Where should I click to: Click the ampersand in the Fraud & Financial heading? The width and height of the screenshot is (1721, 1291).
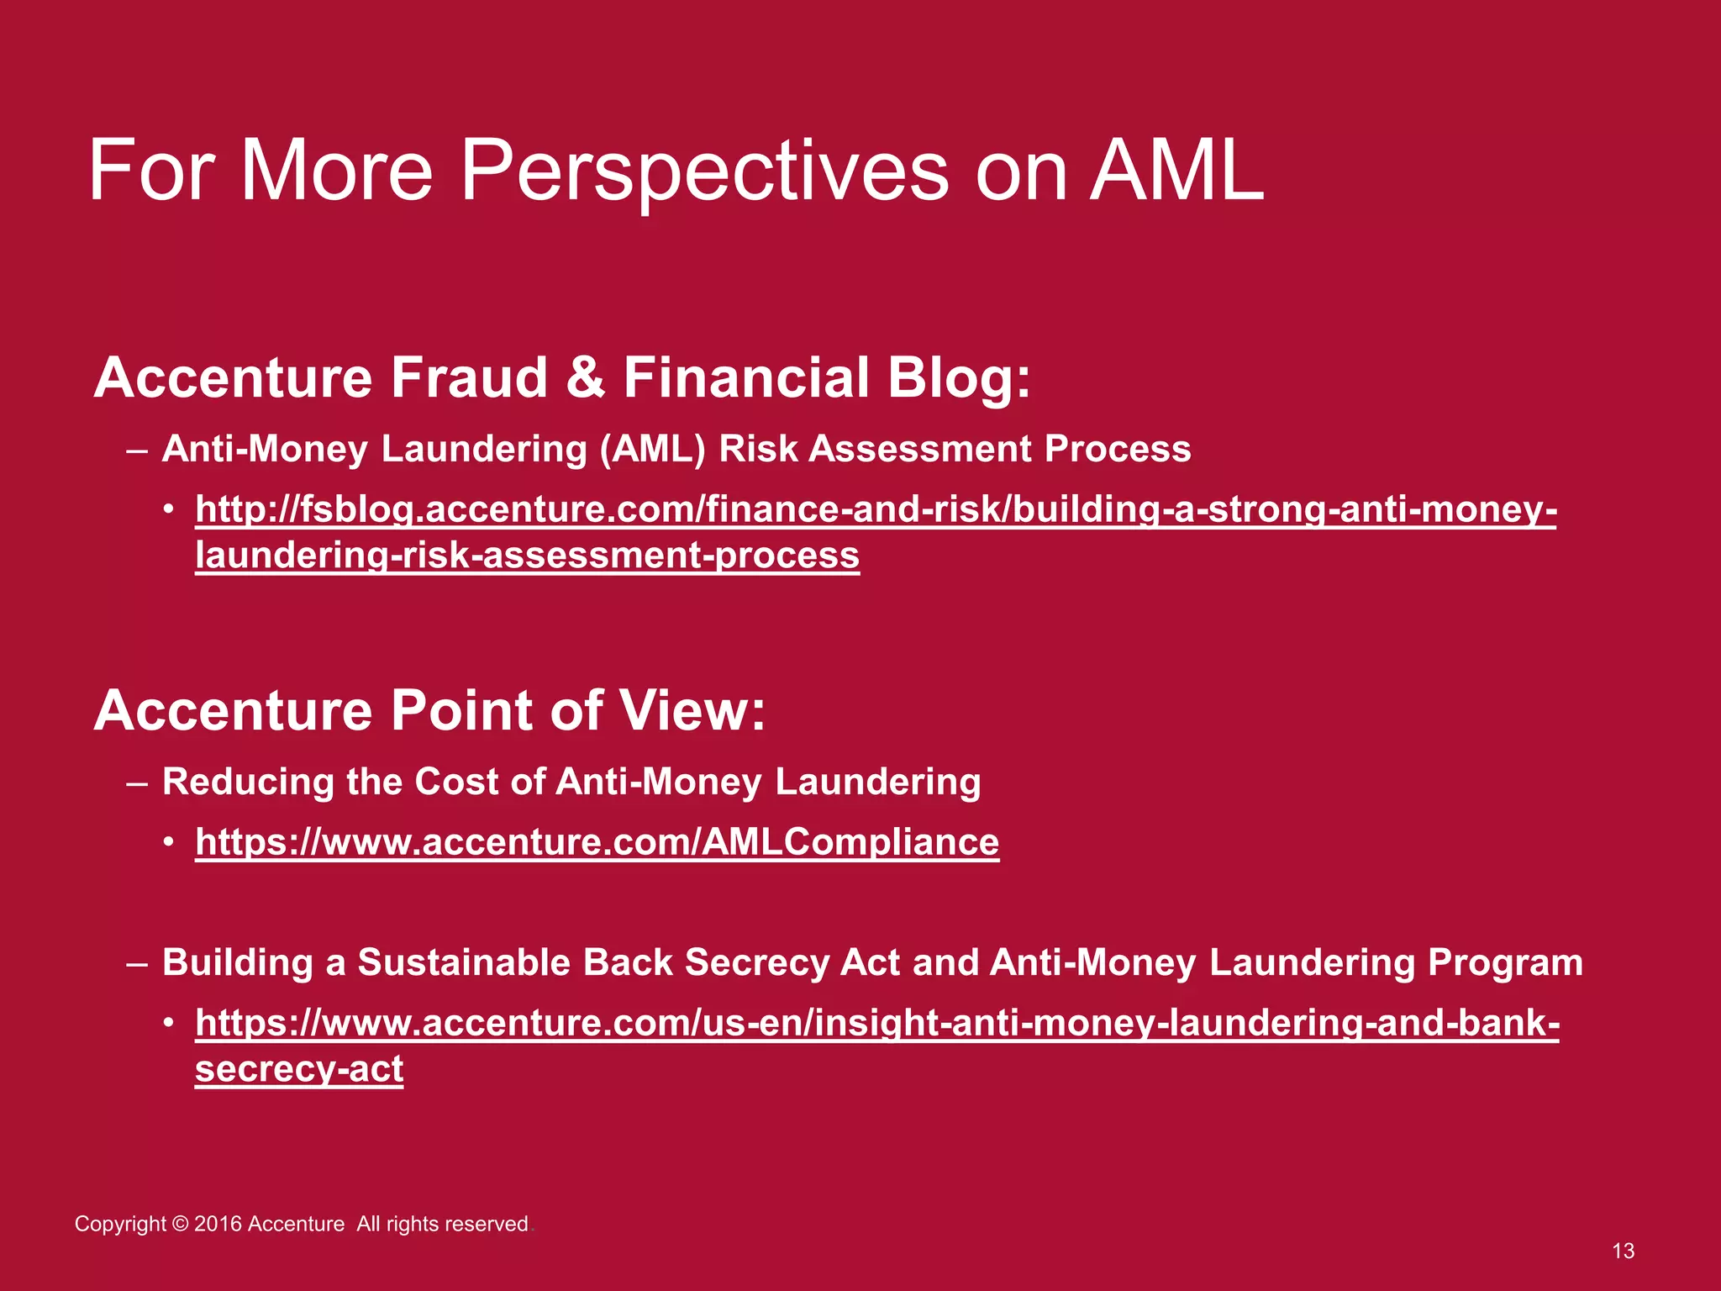585,377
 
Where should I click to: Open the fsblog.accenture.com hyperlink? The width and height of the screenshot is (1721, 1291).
874,510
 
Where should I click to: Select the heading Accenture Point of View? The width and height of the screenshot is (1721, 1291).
429,711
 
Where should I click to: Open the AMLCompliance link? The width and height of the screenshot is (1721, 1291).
597,842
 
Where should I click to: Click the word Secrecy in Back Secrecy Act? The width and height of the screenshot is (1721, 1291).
756,962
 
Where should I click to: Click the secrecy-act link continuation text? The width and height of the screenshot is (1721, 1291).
299,1069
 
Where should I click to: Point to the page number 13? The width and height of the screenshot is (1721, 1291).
1623,1251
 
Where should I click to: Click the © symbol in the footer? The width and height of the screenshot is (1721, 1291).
180,1224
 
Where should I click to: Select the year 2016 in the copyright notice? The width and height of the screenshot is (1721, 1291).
218,1224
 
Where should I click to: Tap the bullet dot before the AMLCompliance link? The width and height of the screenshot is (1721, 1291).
170,842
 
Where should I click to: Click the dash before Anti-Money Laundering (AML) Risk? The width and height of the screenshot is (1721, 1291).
137,450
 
